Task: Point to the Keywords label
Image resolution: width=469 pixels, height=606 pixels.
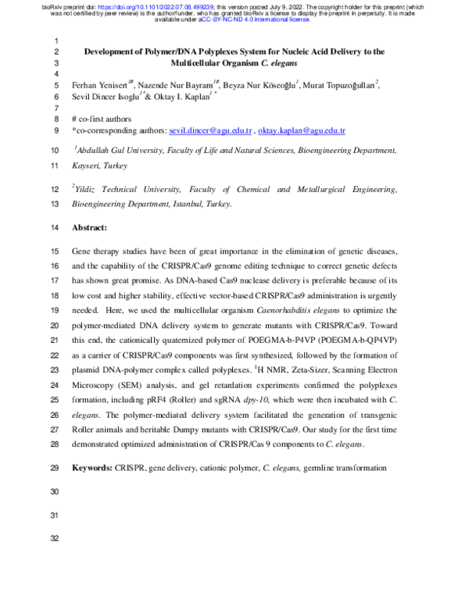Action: coord(97,467)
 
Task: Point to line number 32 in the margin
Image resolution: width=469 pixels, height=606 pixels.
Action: coord(54,540)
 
